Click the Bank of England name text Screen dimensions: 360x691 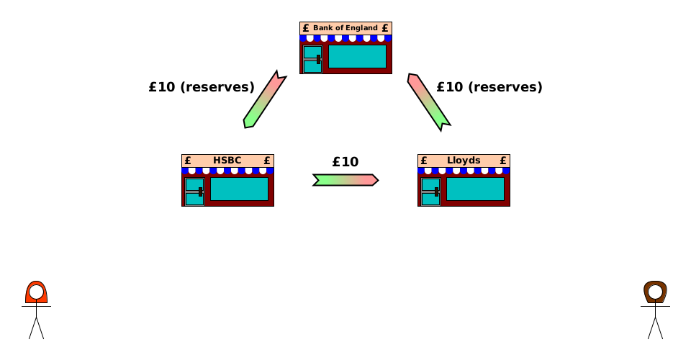[345, 28]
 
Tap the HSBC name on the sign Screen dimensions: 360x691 [227, 161]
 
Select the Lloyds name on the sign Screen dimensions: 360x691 [464, 161]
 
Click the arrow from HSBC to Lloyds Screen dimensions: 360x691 [345, 179]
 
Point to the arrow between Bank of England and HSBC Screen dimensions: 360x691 [265, 99]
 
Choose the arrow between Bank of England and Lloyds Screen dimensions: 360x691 [428, 102]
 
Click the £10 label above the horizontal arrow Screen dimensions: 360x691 [345, 162]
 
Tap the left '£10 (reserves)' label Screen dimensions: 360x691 [202, 87]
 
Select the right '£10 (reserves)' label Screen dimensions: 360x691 [489, 87]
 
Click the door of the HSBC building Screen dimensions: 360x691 [194, 192]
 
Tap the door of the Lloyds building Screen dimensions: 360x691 [430, 192]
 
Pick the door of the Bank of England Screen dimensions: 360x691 [312, 59]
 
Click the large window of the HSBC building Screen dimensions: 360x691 [239, 189]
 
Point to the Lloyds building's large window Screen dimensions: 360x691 [475, 189]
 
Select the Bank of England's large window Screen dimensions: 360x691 [357, 56]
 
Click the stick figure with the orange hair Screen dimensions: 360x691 [36, 310]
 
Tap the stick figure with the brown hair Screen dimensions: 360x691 [655, 310]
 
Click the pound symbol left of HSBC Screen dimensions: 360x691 [188, 161]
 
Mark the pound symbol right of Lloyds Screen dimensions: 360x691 [503, 161]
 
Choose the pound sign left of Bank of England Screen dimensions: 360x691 [306, 28]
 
